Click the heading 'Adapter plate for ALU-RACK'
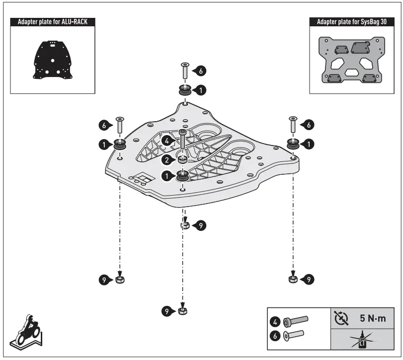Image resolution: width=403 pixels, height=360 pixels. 53,22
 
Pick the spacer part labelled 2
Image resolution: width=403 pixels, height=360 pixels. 183,159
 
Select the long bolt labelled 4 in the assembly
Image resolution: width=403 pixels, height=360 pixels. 182,141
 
